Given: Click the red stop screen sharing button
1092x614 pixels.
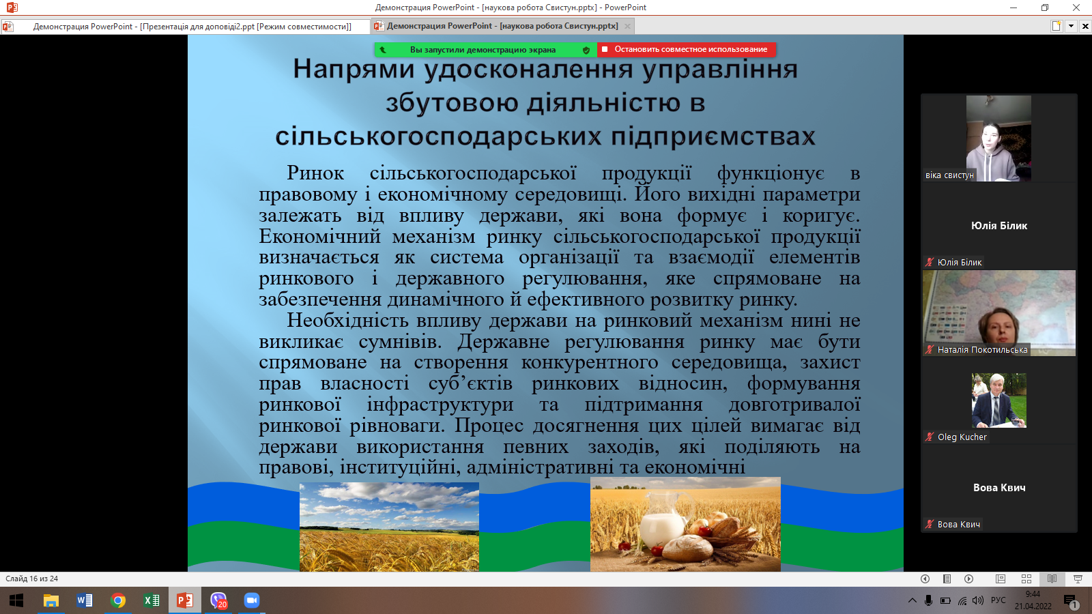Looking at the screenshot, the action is point(687,49).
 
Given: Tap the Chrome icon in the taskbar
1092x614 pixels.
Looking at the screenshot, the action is point(117,600).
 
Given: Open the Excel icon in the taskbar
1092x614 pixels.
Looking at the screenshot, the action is point(152,600).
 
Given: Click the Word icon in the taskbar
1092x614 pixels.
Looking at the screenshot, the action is point(85,600).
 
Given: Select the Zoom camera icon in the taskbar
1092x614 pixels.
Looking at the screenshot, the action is point(252,600).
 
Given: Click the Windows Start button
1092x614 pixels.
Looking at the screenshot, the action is point(16,600).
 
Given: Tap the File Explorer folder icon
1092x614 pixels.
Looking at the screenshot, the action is point(51,601).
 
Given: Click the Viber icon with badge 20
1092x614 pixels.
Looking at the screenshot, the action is point(218,600).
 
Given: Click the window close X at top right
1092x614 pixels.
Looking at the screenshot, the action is point(1076,8).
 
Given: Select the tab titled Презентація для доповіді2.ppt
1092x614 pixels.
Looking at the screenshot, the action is point(185,27).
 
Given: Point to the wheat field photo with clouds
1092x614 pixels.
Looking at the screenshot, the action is point(389,527).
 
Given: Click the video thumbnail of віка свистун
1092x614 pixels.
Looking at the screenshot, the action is point(998,138).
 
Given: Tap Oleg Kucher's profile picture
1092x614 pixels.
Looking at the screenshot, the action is point(999,400).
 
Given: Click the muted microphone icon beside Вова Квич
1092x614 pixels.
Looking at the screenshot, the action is point(929,525).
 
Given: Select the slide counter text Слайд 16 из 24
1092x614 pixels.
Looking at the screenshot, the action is point(31,579).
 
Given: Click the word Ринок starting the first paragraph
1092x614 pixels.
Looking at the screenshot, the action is point(315,173).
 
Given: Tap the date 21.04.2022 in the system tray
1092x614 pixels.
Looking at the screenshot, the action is point(1033,606).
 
